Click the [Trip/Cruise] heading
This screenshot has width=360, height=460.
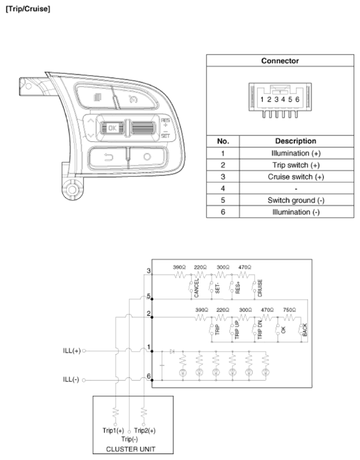coord(28,10)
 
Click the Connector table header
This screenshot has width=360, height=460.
coord(280,61)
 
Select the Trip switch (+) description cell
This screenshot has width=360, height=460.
coord(296,164)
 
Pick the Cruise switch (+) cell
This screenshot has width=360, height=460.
coord(296,176)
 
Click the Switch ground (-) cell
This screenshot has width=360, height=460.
coord(296,200)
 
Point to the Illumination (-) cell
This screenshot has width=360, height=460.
coord(296,212)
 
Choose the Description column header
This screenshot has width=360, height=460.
coord(296,141)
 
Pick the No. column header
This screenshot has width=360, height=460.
coord(224,141)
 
